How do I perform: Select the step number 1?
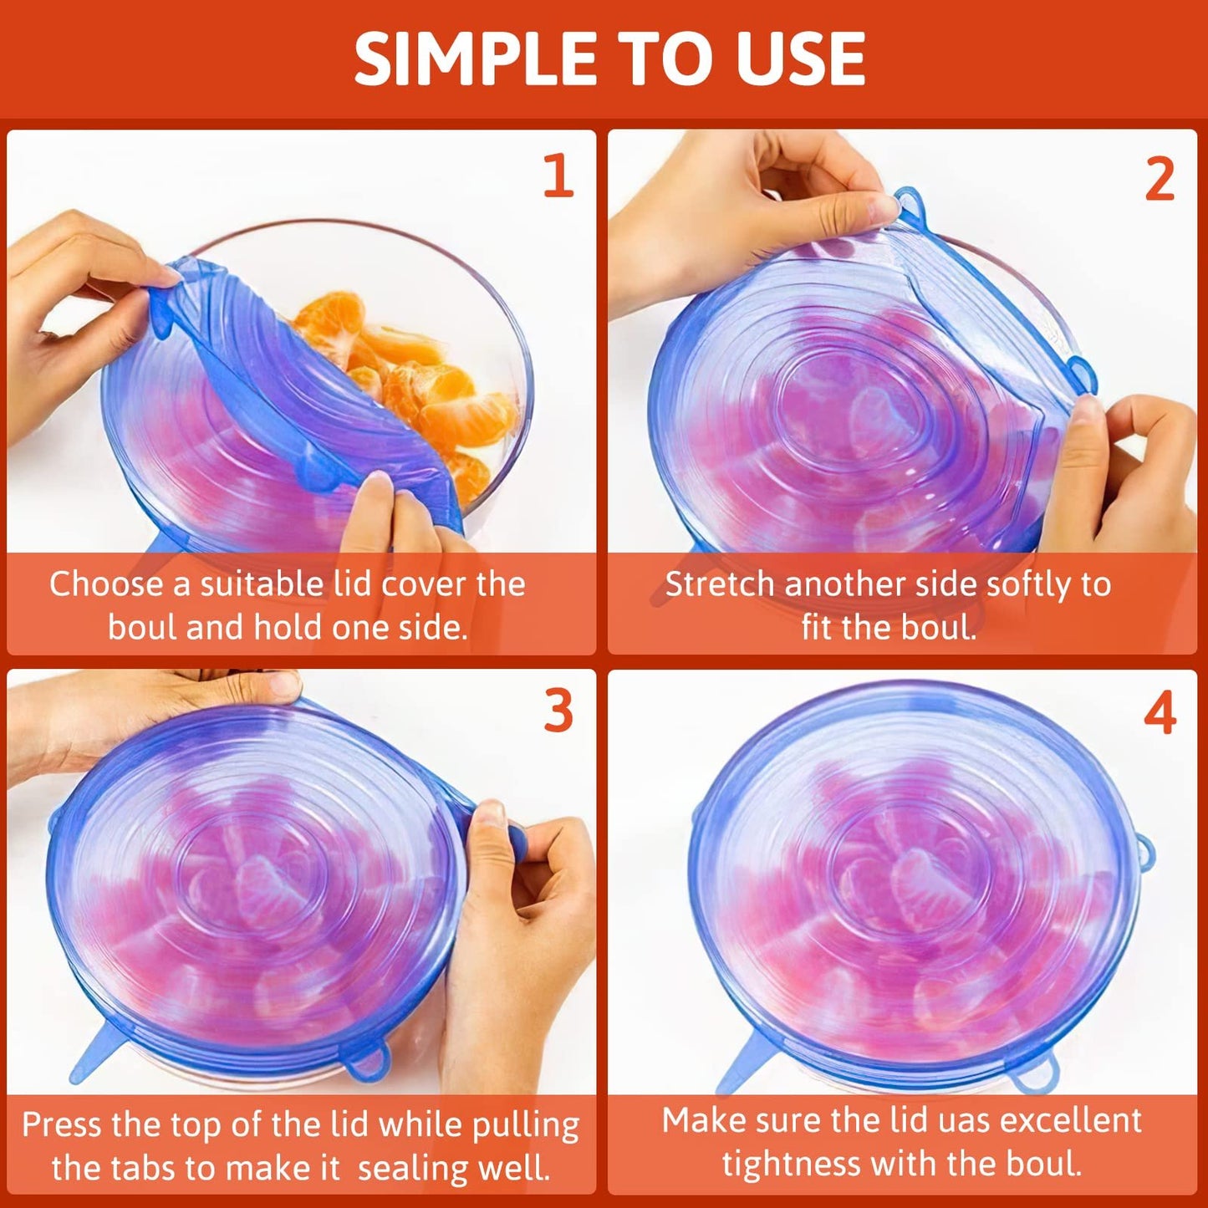tap(558, 176)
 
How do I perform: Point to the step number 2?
tap(1159, 179)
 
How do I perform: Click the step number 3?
tap(558, 711)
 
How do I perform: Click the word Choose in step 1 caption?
tap(106, 584)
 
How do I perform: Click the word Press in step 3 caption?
tap(63, 1124)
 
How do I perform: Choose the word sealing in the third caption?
tap(406, 1169)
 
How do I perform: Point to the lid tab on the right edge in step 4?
tap(1145, 853)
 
